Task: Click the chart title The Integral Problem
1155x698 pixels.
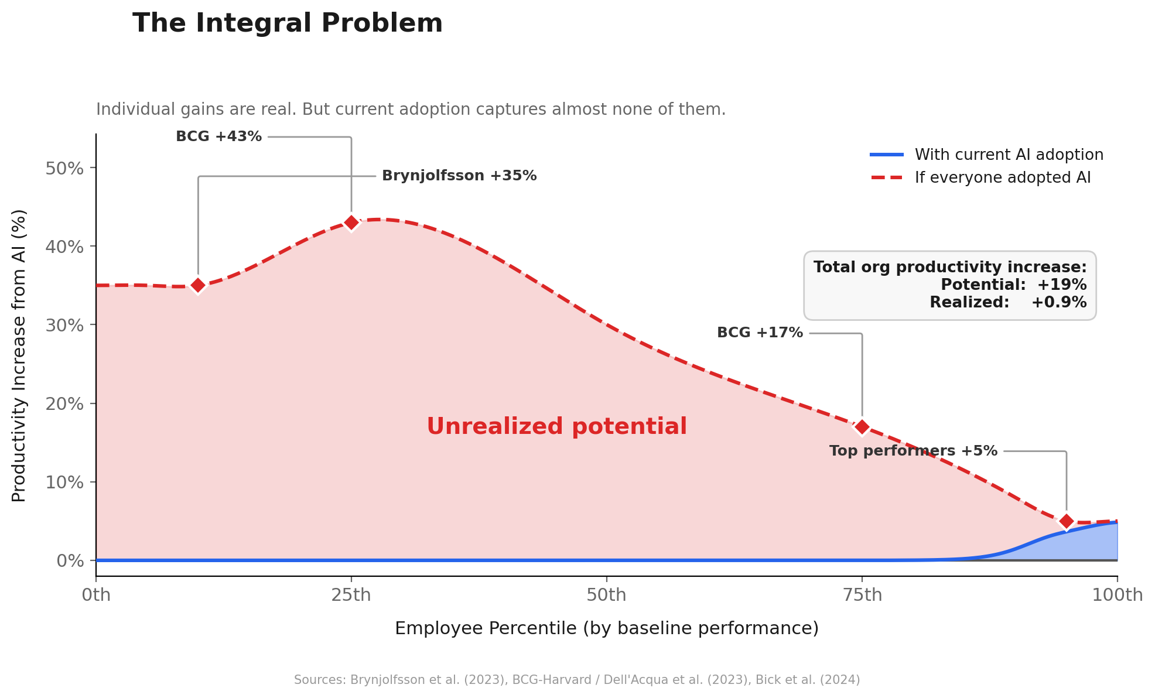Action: (287, 23)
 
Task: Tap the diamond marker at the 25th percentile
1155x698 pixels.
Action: (351, 223)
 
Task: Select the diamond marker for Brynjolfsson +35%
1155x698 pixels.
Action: (198, 285)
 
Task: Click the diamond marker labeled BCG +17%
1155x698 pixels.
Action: (862, 427)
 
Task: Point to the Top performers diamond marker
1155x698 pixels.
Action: (1066, 521)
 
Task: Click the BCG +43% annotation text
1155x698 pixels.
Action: (218, 136)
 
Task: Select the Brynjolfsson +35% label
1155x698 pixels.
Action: (459, 176)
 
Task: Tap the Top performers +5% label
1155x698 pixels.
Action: (913, 451)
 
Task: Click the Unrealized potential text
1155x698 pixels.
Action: (556, 426)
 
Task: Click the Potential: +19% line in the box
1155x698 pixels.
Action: (1013, 285)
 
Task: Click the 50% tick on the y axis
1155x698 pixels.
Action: (64, 169)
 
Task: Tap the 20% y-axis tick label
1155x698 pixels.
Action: (64, 404)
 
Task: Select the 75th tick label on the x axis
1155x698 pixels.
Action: (862, 595)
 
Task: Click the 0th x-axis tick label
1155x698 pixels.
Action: (96, 595)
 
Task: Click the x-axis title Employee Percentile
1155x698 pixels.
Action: (606, 628)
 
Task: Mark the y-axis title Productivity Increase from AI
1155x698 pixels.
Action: (19, 355)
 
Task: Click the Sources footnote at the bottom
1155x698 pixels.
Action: (577, 680)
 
